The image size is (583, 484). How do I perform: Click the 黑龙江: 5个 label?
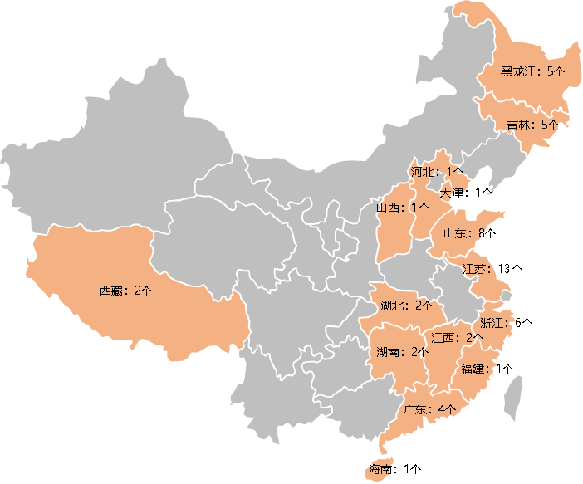(532, 71)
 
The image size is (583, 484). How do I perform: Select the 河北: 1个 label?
(437, 171)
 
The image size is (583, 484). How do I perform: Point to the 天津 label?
(453, 191)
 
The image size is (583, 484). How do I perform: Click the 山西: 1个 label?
(404, 207)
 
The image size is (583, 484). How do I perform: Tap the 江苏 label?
(479, 269)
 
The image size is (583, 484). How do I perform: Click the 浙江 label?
(497, 322)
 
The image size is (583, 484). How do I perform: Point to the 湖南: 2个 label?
(402, 352)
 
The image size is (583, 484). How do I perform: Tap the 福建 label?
(478, 368)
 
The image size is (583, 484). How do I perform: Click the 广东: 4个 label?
(430, 408)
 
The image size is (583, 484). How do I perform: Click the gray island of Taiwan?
(515, 396)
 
